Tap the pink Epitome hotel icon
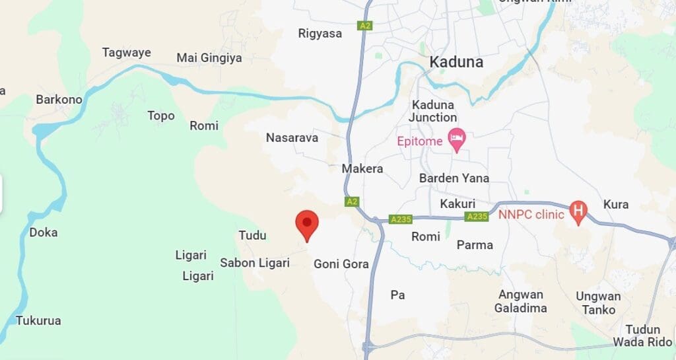coord(456,139)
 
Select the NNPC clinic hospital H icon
coord(578,211)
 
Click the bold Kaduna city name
coord(456,62)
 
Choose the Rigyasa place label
coord(320,33)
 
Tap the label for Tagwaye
coord(126,53)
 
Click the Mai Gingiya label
coord(209,58)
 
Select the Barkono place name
coord(59,100)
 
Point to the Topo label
coord(161,116)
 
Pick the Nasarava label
coord(292,137)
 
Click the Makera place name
coord(362,168)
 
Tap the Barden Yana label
coord(454,178)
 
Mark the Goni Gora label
coord(341,264)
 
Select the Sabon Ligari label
coord(255,263)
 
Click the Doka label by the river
coord(44,233)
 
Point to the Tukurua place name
coord(38,321)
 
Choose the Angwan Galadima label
coord(521,301)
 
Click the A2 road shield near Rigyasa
coord(364,26)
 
